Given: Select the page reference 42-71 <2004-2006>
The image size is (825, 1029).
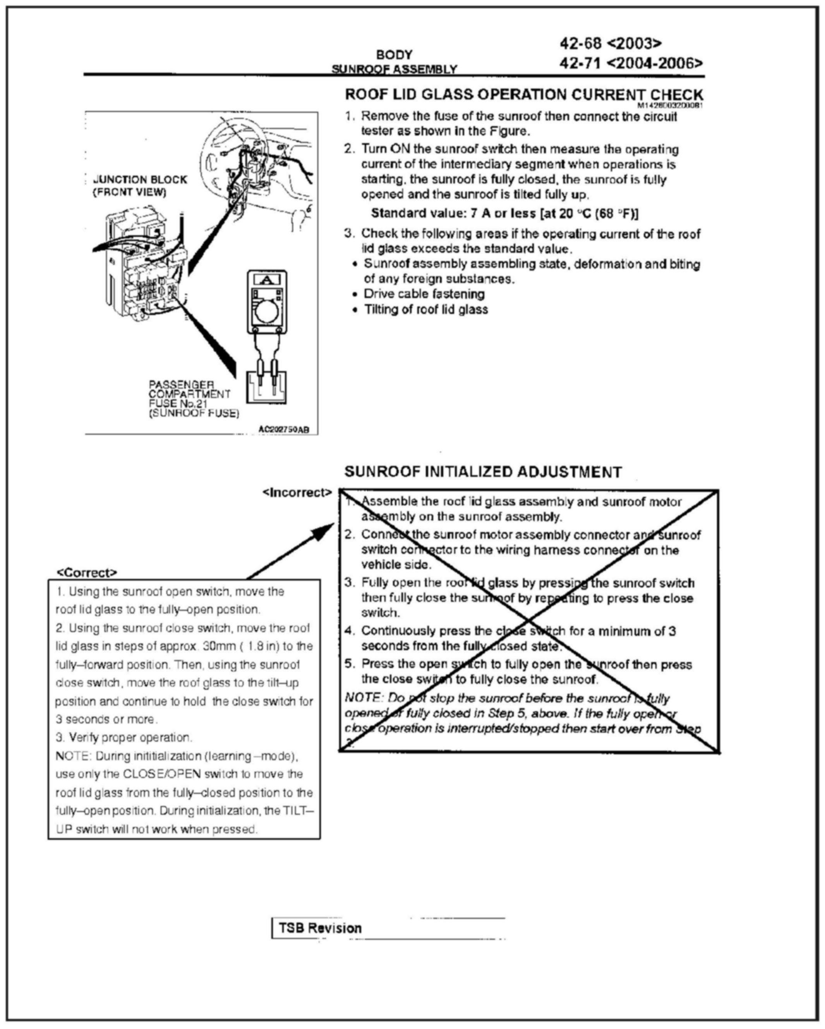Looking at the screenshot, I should (631, 63).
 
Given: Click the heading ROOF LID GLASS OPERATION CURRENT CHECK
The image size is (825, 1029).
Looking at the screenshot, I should (524, 94).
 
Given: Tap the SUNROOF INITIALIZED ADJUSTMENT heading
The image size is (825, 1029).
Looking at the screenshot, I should (483, 472).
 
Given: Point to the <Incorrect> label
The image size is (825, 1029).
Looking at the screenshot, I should (297, 492).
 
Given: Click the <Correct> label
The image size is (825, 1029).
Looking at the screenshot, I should (87, 572).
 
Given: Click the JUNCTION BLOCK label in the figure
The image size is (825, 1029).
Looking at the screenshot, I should (140, 180).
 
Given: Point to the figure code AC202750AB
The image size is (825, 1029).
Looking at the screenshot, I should (284, 430).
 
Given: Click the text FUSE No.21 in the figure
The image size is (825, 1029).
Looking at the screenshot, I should (178, 404).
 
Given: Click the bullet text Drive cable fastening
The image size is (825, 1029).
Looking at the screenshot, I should (424, 294).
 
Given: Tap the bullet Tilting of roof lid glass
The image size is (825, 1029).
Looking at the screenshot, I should (426, 310).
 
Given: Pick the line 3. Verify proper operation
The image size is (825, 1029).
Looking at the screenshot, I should (124, 737).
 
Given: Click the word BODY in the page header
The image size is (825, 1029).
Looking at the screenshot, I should (394, 55).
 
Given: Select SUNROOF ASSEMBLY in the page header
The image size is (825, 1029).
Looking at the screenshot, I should (394, 70).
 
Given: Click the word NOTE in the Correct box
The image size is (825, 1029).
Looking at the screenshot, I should (72, 756).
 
